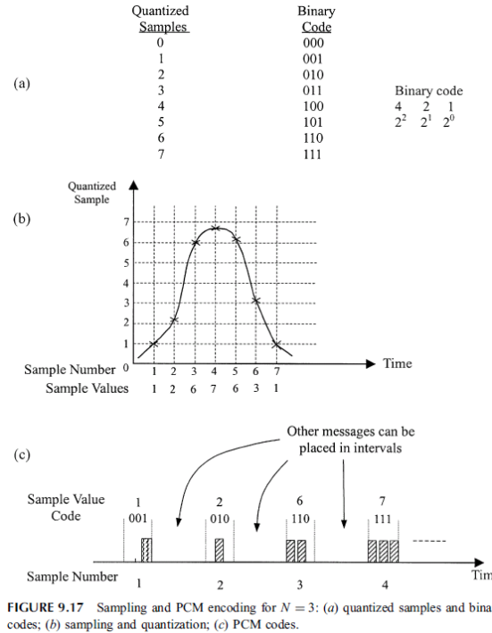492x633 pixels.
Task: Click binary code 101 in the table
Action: tap(313, 122)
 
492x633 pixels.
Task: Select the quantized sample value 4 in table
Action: tap(161, 106)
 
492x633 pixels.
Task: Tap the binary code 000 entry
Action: tap(313, 43)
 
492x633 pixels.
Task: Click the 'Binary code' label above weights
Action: tap(429, 91)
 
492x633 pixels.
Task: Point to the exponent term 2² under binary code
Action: tap(400, 121)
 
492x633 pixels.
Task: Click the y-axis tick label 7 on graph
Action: tap(126, 221)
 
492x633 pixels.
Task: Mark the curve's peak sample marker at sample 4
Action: tap(215, 229)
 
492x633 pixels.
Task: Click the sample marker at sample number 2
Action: tap(174, 321)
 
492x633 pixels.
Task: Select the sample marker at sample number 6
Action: tap(256, 300)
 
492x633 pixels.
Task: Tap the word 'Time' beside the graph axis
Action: tap(397, 363)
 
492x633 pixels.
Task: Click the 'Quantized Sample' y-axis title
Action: tap(92, 193)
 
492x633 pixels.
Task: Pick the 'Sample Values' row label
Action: tap(87, 388)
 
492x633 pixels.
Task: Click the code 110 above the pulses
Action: tap(300, 519)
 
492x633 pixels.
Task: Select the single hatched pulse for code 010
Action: tap(219, 550)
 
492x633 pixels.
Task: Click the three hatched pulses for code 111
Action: tap(383, 551)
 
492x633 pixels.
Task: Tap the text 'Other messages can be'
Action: tap(351, 431)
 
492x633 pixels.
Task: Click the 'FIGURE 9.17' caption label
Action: tap(46, 608)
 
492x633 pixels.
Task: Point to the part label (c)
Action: tap(21, 454)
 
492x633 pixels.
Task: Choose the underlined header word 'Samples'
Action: tap(163, 27)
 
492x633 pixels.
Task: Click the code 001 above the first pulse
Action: tap(138, 519)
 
